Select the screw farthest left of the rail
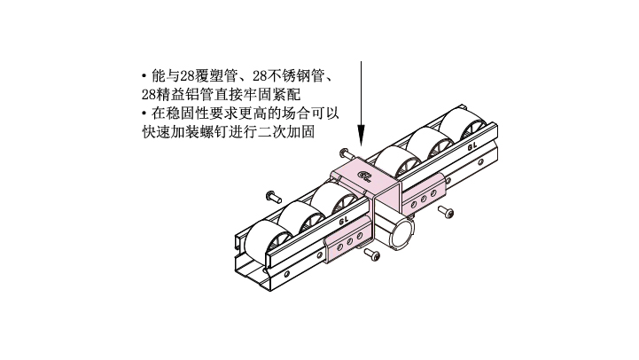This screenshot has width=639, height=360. [x=273, y=197]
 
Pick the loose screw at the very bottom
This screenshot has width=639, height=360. [x=372, y=254]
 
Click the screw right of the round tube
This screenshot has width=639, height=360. [x=446, y=212]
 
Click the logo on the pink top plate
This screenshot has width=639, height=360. [x=365, y=176]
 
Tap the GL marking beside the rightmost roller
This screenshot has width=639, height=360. [x=472, y=146]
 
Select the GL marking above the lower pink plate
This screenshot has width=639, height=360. [x=344, y=221]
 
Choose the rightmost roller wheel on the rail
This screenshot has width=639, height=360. [x=462, y=127]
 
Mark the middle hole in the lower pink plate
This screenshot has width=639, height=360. [x=350, y=242]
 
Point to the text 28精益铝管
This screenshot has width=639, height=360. [x=177, y=95]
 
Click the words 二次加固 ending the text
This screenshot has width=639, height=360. [x=286, y=132]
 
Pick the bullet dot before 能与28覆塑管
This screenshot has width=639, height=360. [x=144, y=76]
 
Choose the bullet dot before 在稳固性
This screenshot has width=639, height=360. [x=144, y=113]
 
